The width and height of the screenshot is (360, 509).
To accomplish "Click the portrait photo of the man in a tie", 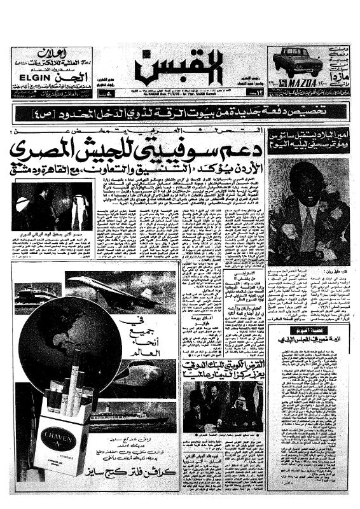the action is point(308,210).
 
